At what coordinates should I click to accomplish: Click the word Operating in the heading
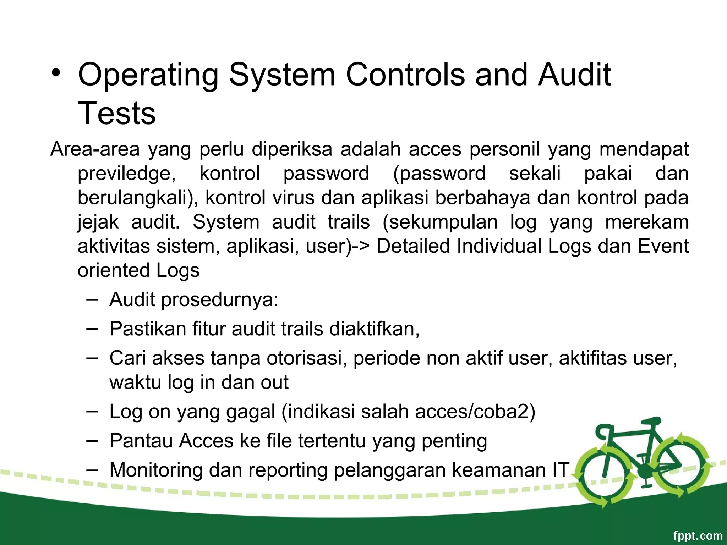tap(148, 75)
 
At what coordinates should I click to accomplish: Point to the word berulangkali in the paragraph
tap(137, 198)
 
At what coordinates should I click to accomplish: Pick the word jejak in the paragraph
tap(98, 222)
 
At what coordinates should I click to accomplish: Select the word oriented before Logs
tap(113, 270)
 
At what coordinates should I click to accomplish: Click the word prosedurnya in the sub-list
tap(217, 300)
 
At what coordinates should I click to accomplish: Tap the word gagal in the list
tap(251, 412)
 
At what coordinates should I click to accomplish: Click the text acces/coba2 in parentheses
tap(472, 412)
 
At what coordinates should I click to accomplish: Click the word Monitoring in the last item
tap(156, 470)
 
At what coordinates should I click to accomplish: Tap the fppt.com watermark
tap(697, 535)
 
